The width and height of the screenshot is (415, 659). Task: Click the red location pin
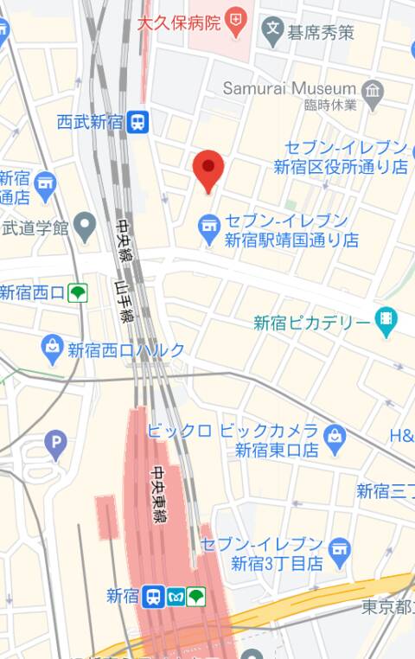(x=207, y=168)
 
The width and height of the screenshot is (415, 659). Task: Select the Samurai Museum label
(x=289, y=88)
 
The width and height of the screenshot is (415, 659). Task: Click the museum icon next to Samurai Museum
(x=373, y=89)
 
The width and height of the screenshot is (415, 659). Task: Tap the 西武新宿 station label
(x=90, y=122)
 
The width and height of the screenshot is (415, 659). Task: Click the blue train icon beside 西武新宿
(x=137, y=122)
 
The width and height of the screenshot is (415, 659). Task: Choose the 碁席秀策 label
(x=321, y=34)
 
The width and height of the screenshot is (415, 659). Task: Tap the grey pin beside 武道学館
(x=84, y=228)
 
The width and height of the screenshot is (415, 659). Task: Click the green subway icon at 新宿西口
(x=78, y=292)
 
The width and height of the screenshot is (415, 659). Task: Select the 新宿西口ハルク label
(x=126, y=350)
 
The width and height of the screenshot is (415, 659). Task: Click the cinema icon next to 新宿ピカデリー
(x=386, y=322)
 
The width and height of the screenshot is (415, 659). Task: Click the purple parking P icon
(x=55, y=445)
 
